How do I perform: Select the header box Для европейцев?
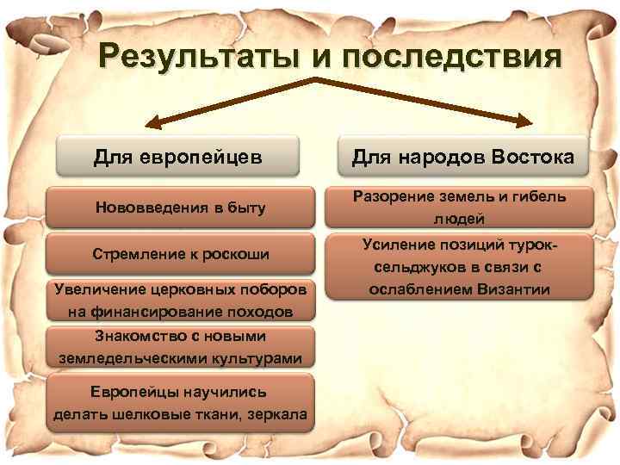click(x=178, y=158)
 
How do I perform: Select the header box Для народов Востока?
click(x=464, y=158)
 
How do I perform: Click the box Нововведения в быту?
click(x=181, y=208)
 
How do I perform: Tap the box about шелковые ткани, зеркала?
click(x=180, y=402)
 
